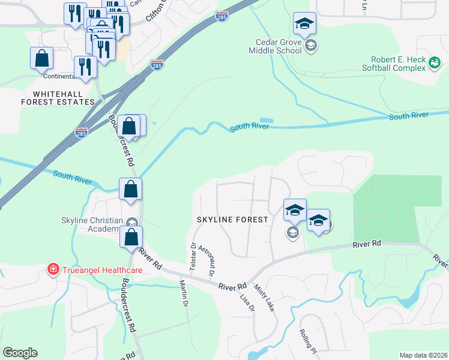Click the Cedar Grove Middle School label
point(275,47)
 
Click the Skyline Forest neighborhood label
point(232,220)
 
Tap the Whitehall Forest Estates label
point(64,98)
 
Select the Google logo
point(20,353)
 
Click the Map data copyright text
point(424,355)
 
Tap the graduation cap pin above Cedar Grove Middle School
point(304,23)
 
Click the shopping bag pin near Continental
point(41,58)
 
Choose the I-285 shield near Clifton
point(221,17)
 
